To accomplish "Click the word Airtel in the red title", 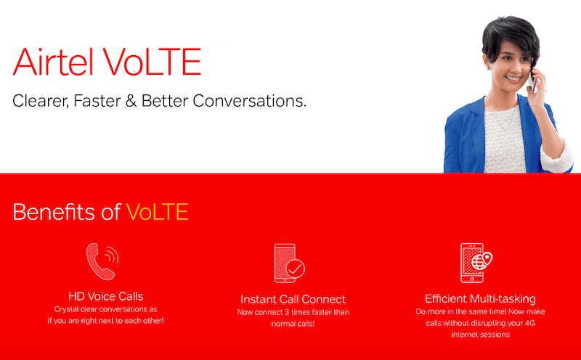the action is (53, 62).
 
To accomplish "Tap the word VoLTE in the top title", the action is (152, 62).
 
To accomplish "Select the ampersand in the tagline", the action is (131, 101).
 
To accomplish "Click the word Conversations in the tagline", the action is (249, 101).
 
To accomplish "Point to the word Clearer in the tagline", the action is (41, 101).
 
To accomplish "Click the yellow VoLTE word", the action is (157, 212).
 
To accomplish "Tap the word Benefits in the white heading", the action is (54, 211).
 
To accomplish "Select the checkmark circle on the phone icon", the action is (296, 269).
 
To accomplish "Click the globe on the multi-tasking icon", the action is (479, 263).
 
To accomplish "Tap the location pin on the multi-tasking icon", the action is (487, 258).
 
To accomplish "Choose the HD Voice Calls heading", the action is (105, 296).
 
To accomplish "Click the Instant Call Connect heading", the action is (293, 299).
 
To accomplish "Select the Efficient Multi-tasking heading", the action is (480, 298).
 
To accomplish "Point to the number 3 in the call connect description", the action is (287, 312).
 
